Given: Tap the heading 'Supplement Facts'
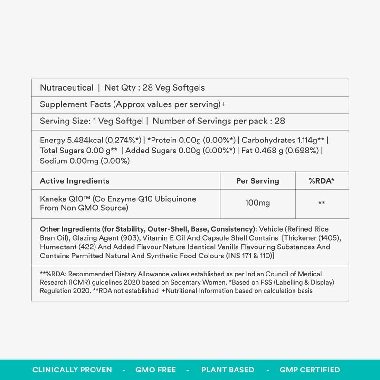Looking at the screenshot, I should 75,104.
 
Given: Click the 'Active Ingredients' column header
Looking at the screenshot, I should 75,181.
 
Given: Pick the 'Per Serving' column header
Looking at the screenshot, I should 257,181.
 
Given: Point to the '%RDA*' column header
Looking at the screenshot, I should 322,181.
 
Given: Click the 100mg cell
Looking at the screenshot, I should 257,203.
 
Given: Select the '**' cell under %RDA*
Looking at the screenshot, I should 322,203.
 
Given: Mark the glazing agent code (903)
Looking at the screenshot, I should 126,238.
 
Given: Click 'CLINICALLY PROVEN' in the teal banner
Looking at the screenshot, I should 72,370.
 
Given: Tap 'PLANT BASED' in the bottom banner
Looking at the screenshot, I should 228,370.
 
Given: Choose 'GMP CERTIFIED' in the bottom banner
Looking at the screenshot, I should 309,370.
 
